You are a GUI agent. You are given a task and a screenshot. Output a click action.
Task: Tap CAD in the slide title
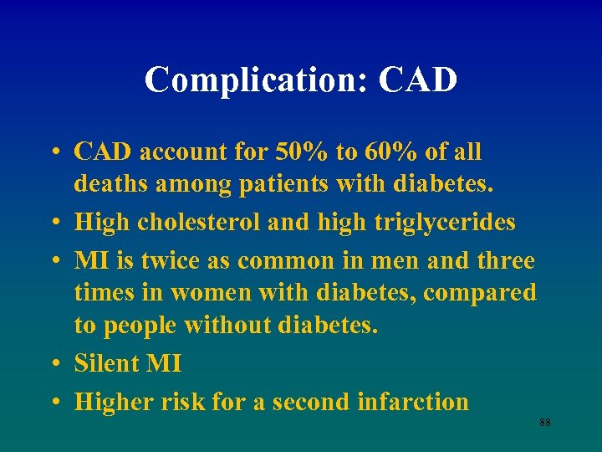tap(418, 81)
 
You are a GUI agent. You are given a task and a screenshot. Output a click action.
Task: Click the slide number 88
tap(545, 424)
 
